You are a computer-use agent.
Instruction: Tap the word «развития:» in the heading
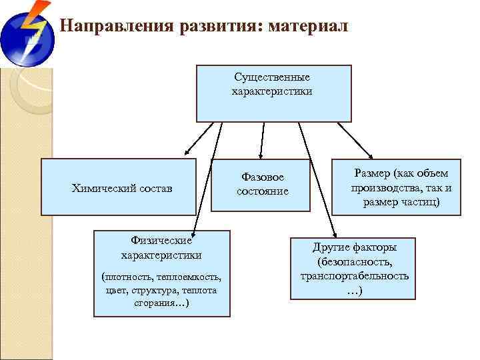tap(220, 26)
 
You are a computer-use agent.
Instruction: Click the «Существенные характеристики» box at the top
tap(273, 93)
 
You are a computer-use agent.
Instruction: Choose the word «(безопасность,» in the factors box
tap(355, 261)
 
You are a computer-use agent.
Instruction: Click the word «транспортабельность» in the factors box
tap(354, 275)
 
